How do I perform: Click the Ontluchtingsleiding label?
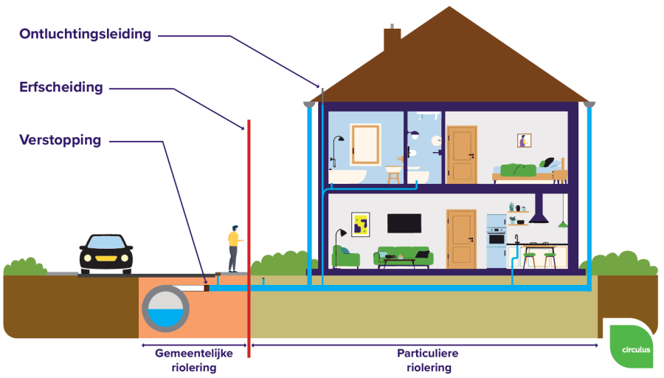(85, 34)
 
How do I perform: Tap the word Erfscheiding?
(61, 87)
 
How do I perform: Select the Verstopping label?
(60, 140)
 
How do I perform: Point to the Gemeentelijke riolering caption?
(194, 360)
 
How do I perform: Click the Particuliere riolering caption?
(428, 360)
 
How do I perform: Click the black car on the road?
(106, 254)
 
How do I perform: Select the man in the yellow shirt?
(233, 248)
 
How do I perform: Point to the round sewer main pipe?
(165, 309)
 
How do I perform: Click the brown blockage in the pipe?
(207, 288)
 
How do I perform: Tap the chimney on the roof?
(392, 38)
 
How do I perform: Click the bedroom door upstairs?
(462, 155)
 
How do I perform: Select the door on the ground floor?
(462, 239)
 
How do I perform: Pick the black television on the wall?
(404, 223)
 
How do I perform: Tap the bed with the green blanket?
(530, 171)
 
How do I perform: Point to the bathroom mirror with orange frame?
(365, 144)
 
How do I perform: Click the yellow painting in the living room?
(361, 224)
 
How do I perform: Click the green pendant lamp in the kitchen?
(563, 224)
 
